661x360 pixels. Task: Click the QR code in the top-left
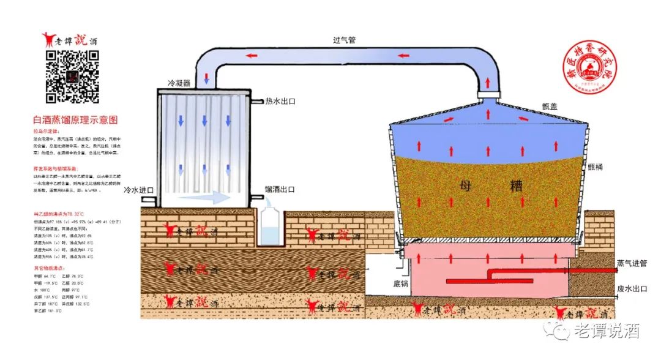73,77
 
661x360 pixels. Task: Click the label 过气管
344,40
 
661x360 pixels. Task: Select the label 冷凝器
179,83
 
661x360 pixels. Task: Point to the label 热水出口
280,101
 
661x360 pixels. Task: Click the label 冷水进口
138,190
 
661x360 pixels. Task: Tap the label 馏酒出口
280,190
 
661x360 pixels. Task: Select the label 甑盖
550,105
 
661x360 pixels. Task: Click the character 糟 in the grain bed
514,186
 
